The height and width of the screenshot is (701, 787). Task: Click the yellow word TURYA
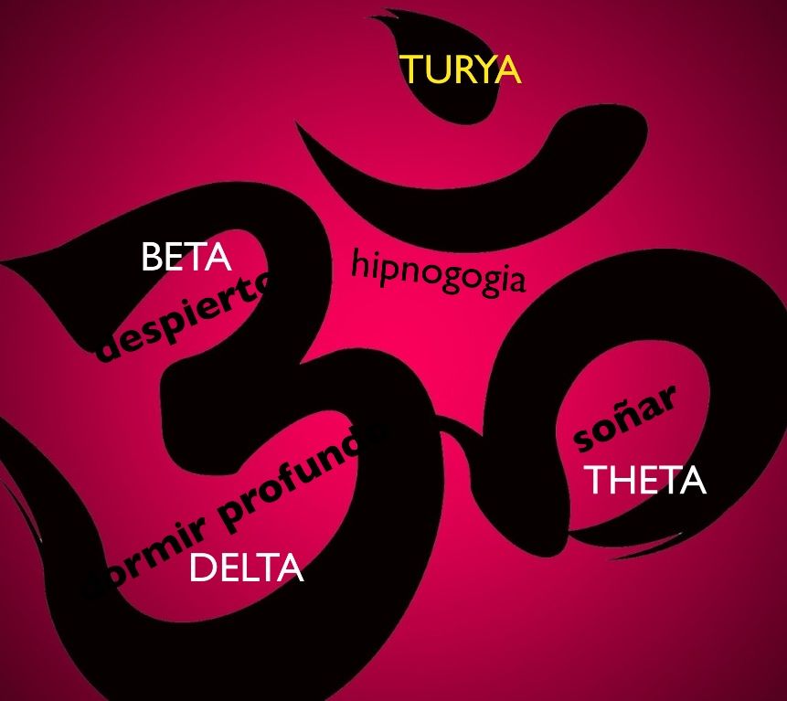click(x=460, y=70)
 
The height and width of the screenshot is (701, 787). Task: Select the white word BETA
click(x=186, y=258)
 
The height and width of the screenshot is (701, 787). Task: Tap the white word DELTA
click(x=245, y=568)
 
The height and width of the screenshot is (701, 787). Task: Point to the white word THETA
click(x=644, y=480)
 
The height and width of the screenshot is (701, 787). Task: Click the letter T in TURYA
click(x=411, y=70)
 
